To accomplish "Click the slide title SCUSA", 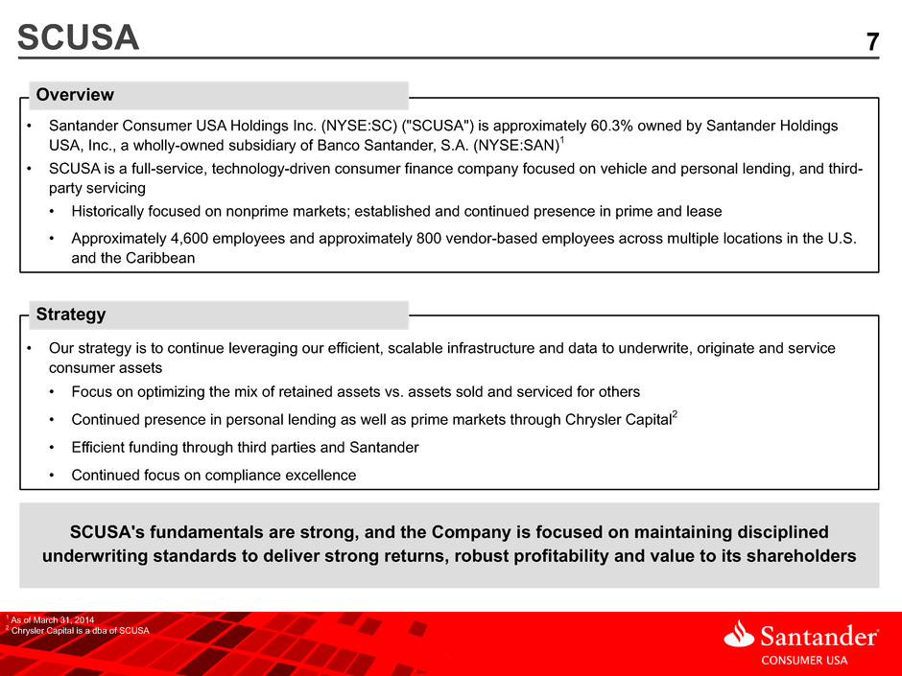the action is coord(79,37).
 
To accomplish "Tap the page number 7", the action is coord(872,42).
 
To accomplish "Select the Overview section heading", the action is coord(75,94).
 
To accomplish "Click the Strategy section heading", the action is coord(71,314).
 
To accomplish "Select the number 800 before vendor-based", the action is coord(429,238).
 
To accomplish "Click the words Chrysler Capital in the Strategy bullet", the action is coord(618,420).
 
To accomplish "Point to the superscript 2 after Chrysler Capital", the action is coord(675,414).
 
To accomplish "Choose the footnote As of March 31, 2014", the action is coord(53,619).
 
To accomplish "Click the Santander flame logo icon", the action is coord(739,634).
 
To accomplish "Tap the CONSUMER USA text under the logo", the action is coord(804,661).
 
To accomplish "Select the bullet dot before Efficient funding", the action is coord(52,447).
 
